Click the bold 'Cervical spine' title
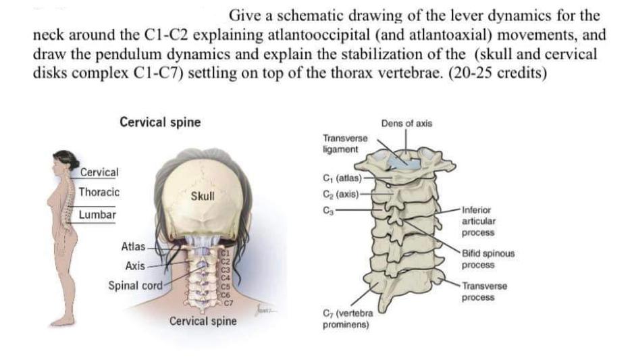point(160,122)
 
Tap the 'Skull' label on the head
point(203,197)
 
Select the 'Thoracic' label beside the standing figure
point(99,192)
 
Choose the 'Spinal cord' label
point(135,286)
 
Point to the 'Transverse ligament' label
point(346,143)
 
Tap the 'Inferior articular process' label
point(479,221)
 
